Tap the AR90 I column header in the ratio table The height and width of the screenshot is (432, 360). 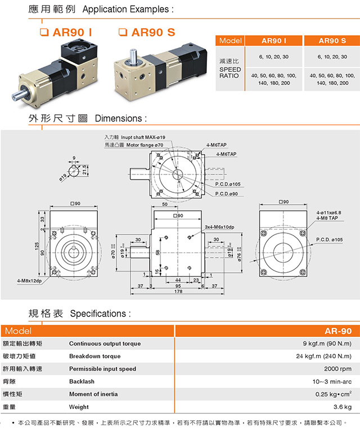pos(274,40)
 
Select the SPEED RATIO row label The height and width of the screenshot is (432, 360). pos(229,72)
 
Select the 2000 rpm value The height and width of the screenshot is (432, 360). pos(339,369)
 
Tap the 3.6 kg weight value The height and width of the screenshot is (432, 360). pos(343,407)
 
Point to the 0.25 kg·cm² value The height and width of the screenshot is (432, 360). pos(334,394)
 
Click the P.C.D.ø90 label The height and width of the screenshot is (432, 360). pos(227,193)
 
